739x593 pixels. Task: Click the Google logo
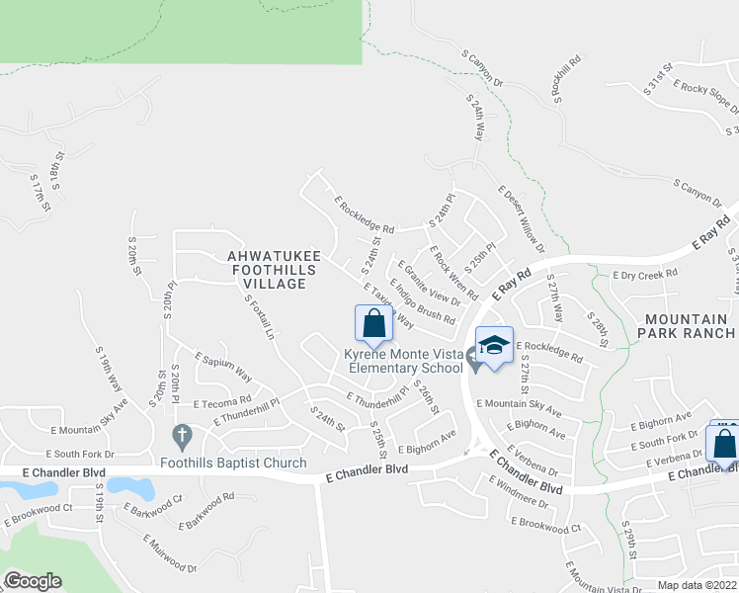[x=32, y=581]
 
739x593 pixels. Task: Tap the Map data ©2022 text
[x=698, y=585]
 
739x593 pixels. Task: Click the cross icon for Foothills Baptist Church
[x=181, y=435]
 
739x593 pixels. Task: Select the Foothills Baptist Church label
[x=234, y=463]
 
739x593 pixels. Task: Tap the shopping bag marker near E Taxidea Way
[x=373, y=324]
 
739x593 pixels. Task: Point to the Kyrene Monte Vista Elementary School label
[x=403, y=362]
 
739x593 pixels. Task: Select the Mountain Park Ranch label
[x=690, y=326]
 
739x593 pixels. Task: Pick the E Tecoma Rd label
[x=222, y=402]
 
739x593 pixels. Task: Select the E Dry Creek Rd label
[x=645, y=274]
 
